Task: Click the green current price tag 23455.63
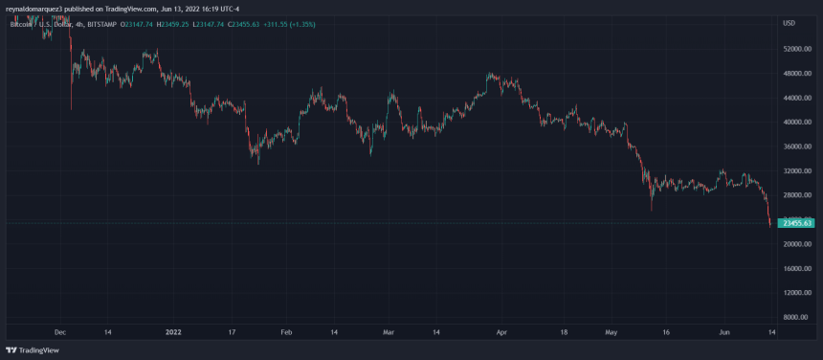796,223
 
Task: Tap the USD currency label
790,23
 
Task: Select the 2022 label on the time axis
174,332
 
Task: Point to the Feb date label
285,332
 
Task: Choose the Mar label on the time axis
389,332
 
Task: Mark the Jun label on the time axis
724,332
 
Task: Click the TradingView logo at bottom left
31,349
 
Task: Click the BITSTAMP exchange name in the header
117,23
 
